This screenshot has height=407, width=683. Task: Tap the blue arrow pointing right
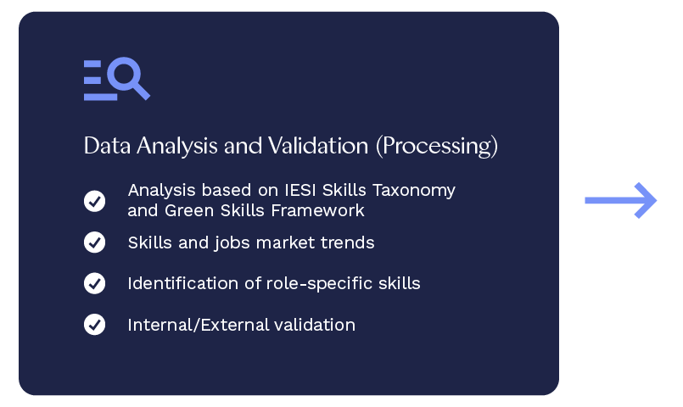point(621,200)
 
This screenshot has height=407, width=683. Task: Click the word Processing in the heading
point(437,145)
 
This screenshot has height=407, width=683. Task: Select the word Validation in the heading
point(318,145)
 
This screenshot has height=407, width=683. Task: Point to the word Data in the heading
point(107,145)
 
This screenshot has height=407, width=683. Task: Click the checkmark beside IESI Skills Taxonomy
point(94,201)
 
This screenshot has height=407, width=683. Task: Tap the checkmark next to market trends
point(94,242)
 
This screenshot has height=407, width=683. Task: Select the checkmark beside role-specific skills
point(94,283)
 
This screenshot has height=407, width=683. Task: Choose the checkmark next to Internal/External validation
point(94,324)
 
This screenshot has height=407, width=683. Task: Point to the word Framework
point(317,210)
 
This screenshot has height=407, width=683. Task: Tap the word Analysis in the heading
point(176,145)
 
